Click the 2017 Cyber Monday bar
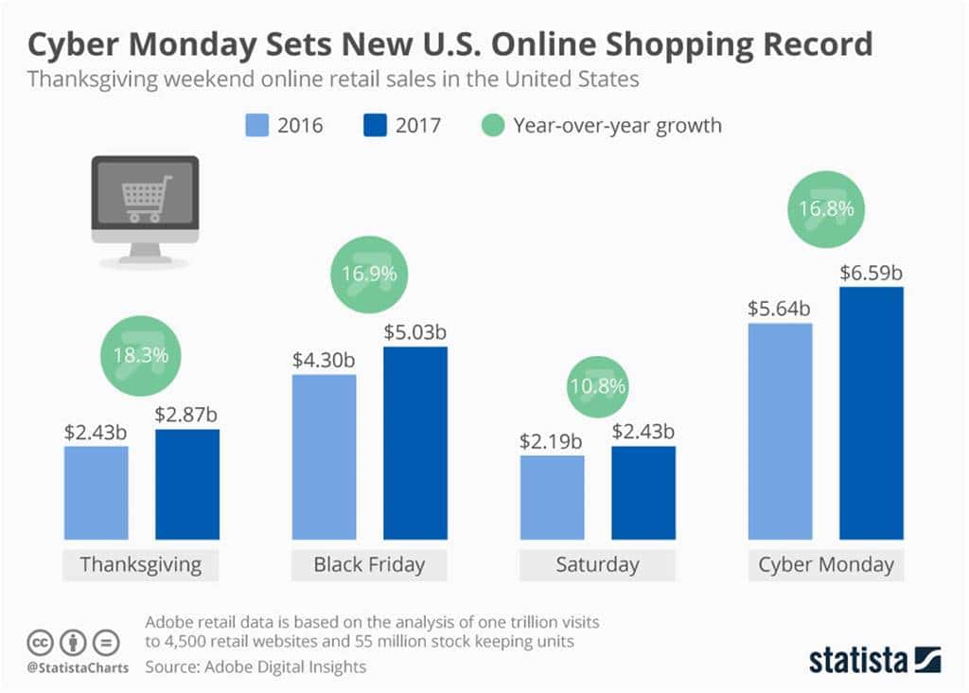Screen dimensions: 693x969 coord(871,426)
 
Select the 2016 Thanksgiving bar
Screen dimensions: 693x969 coord(96,492)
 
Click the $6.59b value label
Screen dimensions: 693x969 coord(871,274)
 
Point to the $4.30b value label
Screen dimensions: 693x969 coord(323,361)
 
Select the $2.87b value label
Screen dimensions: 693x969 coord(187,416)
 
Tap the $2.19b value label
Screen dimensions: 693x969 coord(552,441)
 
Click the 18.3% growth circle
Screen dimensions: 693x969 coord(141,356)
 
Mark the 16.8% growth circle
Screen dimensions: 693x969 coord(825,209)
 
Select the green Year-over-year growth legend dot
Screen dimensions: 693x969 coord(493,124)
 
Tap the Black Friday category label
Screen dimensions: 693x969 coord(369,565)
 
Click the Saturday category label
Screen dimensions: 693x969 coord(597,565)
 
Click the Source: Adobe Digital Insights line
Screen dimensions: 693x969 coord(255,666)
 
